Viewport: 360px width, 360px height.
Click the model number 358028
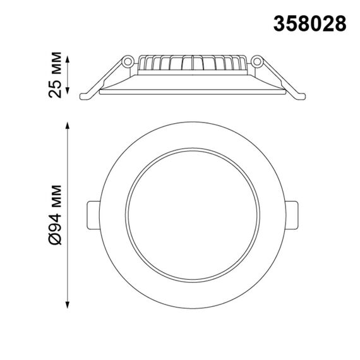tap(310, 23)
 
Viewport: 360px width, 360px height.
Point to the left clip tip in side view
tap(87, 96)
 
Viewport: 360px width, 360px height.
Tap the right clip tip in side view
tap(301, 96)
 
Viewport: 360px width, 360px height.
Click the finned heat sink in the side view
tap(193, 63)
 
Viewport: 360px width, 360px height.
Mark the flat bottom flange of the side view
tap(193, 92)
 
